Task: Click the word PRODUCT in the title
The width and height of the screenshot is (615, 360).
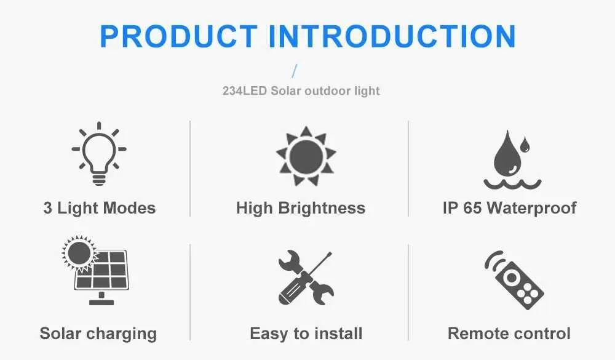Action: click(179, 36)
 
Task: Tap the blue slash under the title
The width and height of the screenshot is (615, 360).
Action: click(295, 71)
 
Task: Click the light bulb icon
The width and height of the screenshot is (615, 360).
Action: click(99, 153)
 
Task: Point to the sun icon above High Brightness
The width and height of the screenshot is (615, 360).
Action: click(306, 156)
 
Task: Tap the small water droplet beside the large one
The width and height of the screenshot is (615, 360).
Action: click(525, 145)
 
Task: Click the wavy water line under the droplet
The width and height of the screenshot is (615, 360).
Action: click(512, 184)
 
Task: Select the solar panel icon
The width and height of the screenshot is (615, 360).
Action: click(101, 271)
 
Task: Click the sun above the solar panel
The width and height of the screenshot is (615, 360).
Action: click(79, 253)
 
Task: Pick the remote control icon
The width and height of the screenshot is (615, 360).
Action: click(514, 279)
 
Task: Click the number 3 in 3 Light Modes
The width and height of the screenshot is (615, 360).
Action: click(48, 208)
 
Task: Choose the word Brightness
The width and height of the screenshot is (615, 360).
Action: click(322, 208)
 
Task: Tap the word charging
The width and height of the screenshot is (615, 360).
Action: click(122, 334)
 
